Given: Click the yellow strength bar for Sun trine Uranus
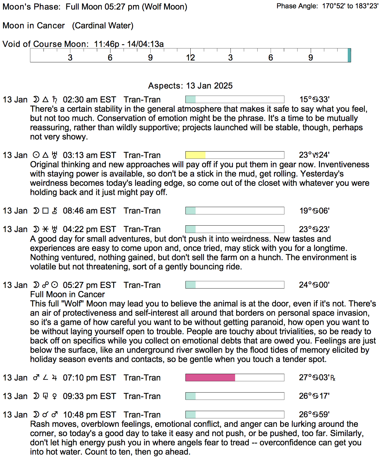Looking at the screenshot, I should pyautogui.click(x=195, y=155).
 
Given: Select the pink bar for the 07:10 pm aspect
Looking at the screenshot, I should pyautogui.click(x=210, y=377).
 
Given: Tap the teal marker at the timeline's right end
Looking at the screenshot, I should pyautogui.click(x=349, y=55).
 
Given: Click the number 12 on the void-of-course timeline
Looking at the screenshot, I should pyautogui.click(x=190, y=58).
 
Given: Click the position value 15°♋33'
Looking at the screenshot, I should pyautogui.click(x=314, y=99).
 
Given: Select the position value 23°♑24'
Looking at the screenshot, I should pyautogui.click(x=314, y=155).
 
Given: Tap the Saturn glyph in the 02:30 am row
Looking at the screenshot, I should pyautogui.click(x=55, y=100).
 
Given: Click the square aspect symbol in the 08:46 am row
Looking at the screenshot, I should pyautogui.click(x=45, y=211).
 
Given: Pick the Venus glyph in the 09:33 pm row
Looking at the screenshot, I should pyautogui.click(x=55, y=396).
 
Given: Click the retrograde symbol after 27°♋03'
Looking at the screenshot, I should pyautogui.click(x=333, y=378).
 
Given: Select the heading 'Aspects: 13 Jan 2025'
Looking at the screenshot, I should pyautogui.click(x=190, y=86).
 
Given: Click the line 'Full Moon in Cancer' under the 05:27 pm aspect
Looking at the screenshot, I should pyautogui.click(x=68, y=294).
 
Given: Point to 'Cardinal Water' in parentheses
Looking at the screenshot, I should pyautogui.click(x=103, y=26).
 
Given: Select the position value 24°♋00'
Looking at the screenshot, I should pyautogui.click(x=314, y=285).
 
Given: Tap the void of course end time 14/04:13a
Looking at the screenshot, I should pyautogui.click(x=145, y=44).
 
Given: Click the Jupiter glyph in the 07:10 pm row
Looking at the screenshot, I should pyautogui.click(x=55, y=378).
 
